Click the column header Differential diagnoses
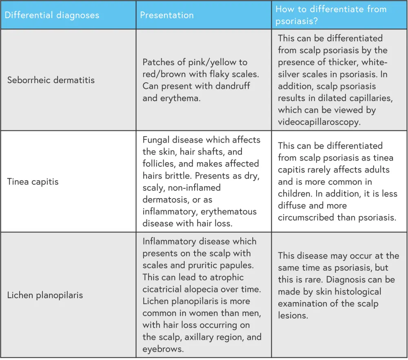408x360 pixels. point(52,15)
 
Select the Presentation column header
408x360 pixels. point(167,15)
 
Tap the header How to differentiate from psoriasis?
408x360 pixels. point(331,15)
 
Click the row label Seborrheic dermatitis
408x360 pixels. point(51,80)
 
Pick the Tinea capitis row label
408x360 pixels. point(33,181)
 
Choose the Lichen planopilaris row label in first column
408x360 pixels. point(45,295)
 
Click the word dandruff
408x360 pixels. point(231,86)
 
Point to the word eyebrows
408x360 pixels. point(162,349)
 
